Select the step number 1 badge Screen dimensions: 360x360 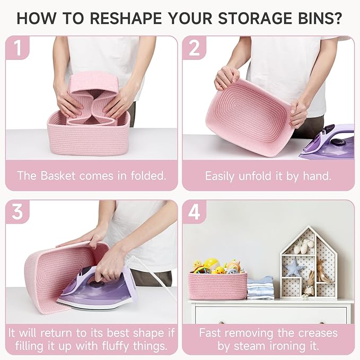click(x=17, y=48)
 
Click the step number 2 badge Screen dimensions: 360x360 click(x=194, y=48)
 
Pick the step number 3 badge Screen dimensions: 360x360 click(x=17, y=212)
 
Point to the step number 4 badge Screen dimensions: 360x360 click(x=194, y=212)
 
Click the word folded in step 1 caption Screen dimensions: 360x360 click(x=148, y=175)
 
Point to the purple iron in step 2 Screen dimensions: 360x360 click(x=328, y=142)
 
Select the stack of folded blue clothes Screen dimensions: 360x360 click(x=260, y=288)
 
